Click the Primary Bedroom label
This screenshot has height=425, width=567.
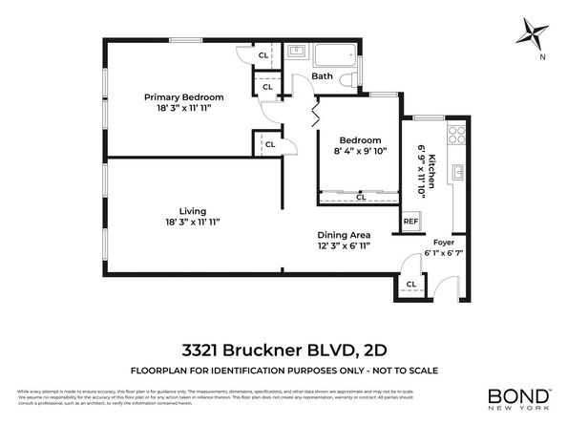tap(184, 97)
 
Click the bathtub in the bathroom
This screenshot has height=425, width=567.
tap(333, 54)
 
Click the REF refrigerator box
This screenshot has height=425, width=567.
tap(410, 221)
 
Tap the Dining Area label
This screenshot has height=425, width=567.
tap(344, 235)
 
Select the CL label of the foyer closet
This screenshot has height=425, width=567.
tap(411, 284)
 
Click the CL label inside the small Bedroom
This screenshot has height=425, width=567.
tap(360, 198)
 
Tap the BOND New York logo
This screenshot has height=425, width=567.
tap(519, 396)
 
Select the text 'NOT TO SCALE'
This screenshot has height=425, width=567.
tap(402, 370)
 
